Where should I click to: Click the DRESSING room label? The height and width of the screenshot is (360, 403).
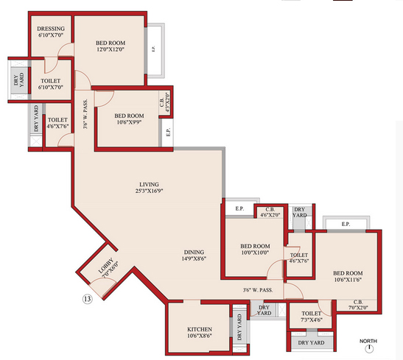pos(51,29)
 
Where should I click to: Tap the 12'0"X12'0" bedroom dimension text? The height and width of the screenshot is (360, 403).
pos(111,49)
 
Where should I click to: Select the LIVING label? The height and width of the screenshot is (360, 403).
pos(149,184)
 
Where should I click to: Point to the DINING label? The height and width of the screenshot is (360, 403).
pos(194,253)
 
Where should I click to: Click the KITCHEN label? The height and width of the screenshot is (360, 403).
pos(200,329)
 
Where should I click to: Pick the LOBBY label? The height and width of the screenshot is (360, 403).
pos(106,266)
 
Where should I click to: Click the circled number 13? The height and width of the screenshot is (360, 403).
pos(88,299)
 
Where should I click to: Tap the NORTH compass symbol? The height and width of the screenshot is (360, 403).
pos(369,348)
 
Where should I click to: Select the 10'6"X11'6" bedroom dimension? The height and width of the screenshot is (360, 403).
pos(348,280)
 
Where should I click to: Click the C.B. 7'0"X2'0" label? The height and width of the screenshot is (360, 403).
pos(358,305)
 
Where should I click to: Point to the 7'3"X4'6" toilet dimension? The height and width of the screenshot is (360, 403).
pos(311,320)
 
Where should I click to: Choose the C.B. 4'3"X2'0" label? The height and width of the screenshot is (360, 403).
pos(165,102)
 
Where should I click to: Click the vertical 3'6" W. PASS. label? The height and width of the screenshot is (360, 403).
pos(85,114)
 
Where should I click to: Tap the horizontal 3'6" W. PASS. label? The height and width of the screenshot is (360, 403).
pos(258,290)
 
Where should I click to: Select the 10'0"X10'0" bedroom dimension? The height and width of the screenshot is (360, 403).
pos(255,253)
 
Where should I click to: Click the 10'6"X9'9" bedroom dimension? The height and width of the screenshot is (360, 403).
pos(129,122)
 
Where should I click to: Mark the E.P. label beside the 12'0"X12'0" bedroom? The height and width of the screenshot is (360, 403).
pos(153,49)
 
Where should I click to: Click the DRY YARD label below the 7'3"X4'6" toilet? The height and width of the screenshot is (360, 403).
pos(311,342)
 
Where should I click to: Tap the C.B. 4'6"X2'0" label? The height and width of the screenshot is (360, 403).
pos(270,212)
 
